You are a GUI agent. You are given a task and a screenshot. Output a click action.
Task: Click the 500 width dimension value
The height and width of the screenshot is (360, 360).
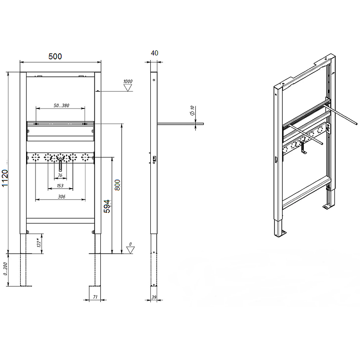click(x=55, y=56)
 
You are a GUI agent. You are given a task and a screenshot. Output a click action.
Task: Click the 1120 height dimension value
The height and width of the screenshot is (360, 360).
click(x=5, y=178)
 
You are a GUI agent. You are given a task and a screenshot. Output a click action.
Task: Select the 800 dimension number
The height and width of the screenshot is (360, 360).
click(x=117, y=185)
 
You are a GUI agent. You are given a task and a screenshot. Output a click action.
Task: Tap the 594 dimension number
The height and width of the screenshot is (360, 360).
click(x=107, y=206)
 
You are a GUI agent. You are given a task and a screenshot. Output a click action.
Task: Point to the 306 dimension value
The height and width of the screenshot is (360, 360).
click(x=62, y=197)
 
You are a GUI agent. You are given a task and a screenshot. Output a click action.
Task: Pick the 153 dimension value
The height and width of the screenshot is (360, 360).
click(x=60, y=185)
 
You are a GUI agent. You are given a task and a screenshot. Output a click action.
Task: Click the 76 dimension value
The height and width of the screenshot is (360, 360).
click(x=60, y=175)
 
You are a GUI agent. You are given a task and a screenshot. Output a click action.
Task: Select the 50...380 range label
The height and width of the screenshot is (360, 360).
click(x=61, y=105)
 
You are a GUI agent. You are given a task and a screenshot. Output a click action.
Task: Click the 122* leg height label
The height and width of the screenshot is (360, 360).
click(x=39, y=243)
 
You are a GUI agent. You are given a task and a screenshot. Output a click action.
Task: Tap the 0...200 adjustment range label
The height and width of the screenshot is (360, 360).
click(x=5, y=269)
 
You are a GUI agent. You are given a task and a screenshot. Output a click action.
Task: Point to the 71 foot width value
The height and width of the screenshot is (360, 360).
click(x=95, y=297)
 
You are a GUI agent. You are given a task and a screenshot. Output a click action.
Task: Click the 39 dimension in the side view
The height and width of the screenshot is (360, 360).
click(x=154, y=297)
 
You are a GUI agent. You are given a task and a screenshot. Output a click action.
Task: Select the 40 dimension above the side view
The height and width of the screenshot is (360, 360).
click(x=154, y=53)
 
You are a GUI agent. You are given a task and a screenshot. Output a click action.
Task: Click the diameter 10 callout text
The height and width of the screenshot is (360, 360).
click(x=192, y=110)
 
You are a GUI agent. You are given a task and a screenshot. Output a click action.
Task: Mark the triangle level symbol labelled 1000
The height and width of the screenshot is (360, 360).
click(x=128, y=88)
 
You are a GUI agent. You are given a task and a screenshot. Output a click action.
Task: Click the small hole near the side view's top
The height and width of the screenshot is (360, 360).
click(x=154, y=80)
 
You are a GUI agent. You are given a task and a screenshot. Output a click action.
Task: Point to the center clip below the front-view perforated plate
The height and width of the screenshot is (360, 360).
click(x=60, y=165)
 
